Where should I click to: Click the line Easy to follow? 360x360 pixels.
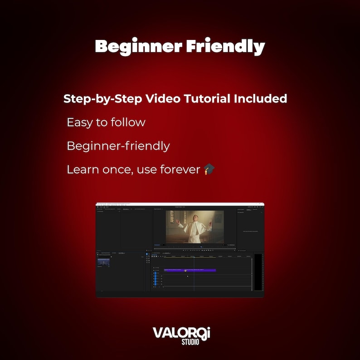point(106,122)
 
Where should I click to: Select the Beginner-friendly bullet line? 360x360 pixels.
point(118,146)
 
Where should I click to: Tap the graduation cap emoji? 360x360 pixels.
point(209,170)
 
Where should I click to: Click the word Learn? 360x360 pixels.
point(81,170)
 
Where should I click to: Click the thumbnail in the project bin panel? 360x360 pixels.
point(103,262)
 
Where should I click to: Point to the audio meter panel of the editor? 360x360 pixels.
point(258,272)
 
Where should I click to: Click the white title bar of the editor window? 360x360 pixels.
point(180,204)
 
